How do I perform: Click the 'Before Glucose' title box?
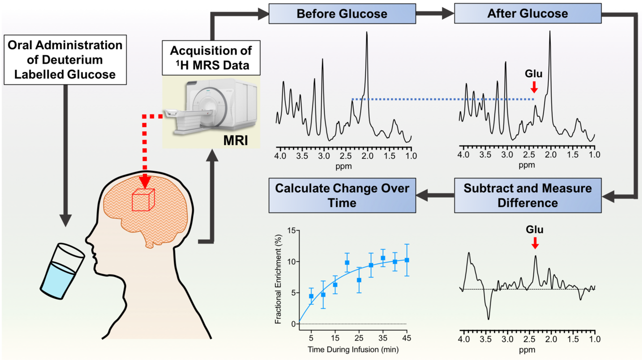coord(342,14)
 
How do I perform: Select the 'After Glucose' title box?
coord(527,14)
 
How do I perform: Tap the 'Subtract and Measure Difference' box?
coord(527,196)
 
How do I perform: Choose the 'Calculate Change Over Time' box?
coord(342,196)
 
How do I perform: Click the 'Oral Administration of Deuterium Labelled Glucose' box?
coord(65,60)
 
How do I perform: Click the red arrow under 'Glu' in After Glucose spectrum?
coord(534,88)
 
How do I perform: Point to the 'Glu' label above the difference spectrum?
coord(535,230)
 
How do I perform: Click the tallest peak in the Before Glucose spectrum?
coord(367,33)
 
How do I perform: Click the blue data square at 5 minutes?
coord(311,296)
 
